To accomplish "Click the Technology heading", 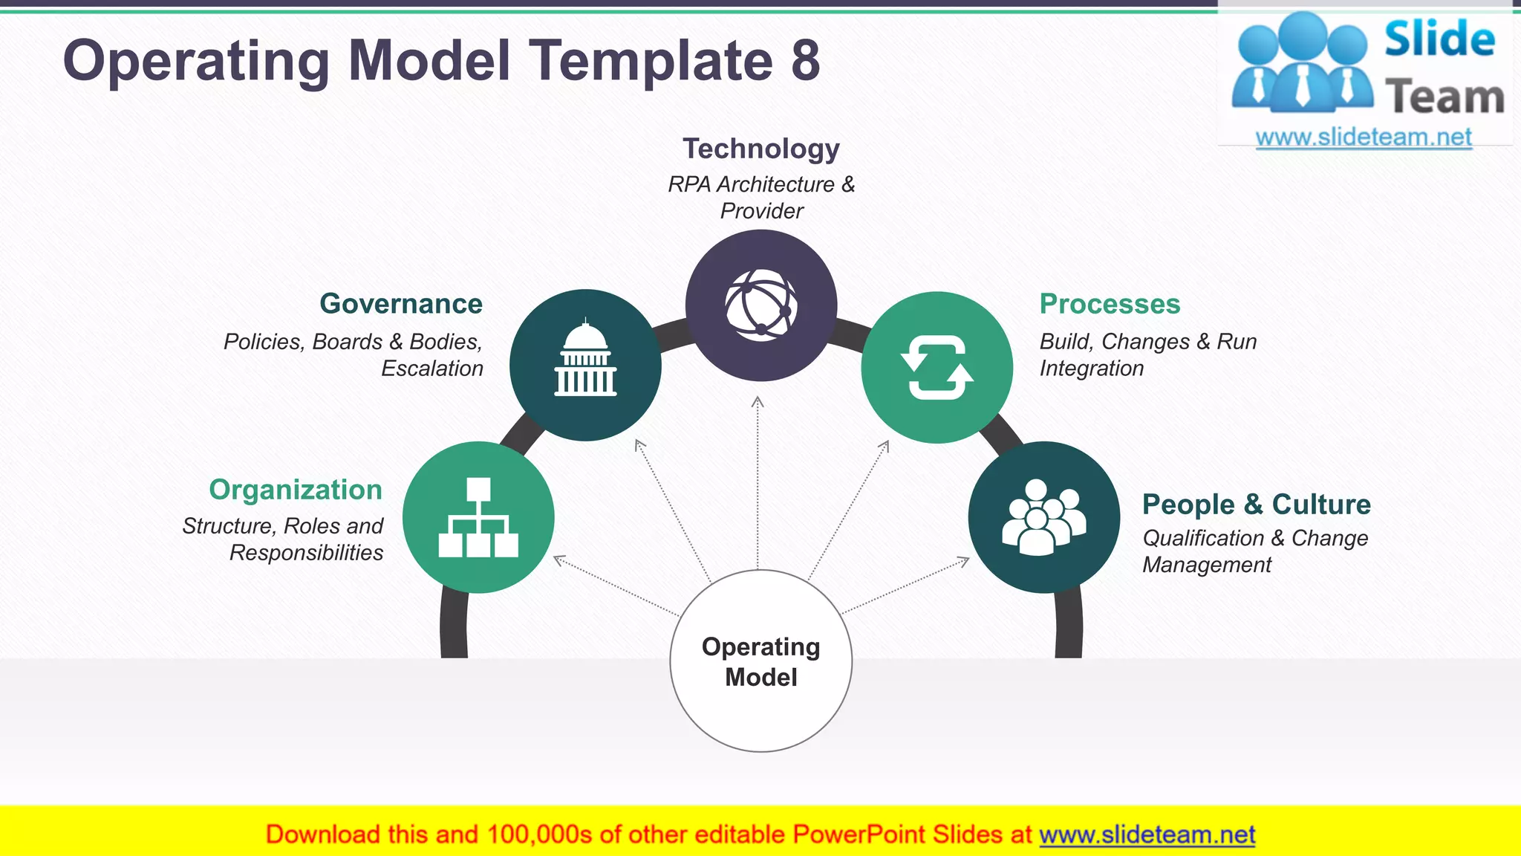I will [x=760, y=149].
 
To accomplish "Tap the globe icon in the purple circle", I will [x=761, y=305].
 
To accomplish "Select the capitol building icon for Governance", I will [x=585, y=360].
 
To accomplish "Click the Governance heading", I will [x=401, y=304].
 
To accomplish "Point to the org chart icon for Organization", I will [x=478, y=518].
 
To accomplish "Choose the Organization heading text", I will [x=296, y=490].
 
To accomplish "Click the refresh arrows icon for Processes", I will [x=937, y=368].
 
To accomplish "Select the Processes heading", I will [x=1110, y=304].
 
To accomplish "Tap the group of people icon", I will [x=1043, y=517].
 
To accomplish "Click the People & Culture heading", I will [x=1256, y=505].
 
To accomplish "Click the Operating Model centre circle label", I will [x=760, y=661].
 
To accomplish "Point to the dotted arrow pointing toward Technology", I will [x=758, y=483].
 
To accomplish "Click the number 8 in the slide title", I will [x=805, y=61].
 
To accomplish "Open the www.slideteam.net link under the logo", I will [x=1364, y=137].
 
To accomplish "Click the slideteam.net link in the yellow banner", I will [x=1147, y=835].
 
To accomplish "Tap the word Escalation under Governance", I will [x=432, y=369].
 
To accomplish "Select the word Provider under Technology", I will [x=761, y=212].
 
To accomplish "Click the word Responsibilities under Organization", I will [x=306, y=553].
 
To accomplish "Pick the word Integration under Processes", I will [x=1091, y=369].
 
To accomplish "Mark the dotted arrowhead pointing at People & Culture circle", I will [x=964, y=561].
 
